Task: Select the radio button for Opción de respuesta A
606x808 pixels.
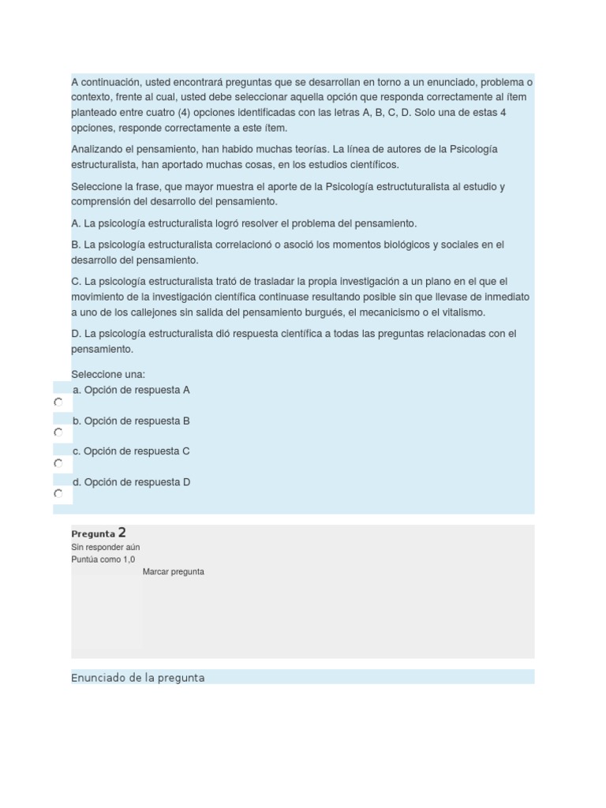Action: tap(58, 402)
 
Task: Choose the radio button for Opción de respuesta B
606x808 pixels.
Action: tap(58, 432)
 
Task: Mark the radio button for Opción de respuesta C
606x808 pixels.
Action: tap(58, 463)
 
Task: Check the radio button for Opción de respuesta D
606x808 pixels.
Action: tap(58, 494)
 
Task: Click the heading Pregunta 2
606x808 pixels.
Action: tap(99, 533)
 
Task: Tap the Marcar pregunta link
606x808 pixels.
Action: tap(174, 572)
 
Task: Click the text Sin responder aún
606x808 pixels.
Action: tap(106, 547)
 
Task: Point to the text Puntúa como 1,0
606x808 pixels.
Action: tap(103, 559)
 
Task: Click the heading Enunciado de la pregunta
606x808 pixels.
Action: tap(138, 678)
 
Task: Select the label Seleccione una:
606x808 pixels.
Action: tap(108, 374)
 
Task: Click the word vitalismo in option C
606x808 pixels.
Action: tap(462, 312)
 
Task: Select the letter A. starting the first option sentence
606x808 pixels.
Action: tap(76, 223)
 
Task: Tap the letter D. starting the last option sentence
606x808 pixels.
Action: tap(76, 334)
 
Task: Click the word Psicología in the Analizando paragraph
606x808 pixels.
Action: tap(473, 149)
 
